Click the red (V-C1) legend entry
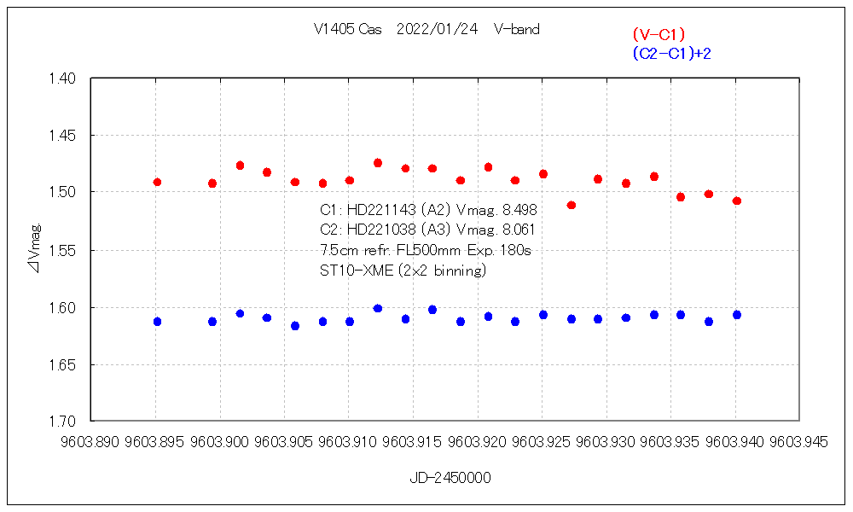pyautogui.click(x=659, y=34)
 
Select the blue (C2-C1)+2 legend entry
pyautogui.click(x=671, y=54)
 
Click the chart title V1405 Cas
pyautogui.click(x=347, y=29)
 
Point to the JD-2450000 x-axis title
pyautogui.click(x=450, y=478)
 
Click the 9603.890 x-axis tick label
pyautogui.click(x=91, y=442)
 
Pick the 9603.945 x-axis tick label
pyautogui.click(x=799, y=442)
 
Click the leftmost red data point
pyautogui.click(x=157, y=182)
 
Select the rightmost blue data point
pyautogui.click(x=737, y=315)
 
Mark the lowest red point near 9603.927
pyautogui.click(x=572, y=205)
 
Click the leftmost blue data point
pyautogui.click(x=157, y=322)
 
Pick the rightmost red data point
pyautogui.click(x=737, y=201)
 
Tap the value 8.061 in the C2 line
pyautogui.click(x=515, y=230)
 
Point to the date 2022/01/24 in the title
pyautogui.click(x=438, y=29)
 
